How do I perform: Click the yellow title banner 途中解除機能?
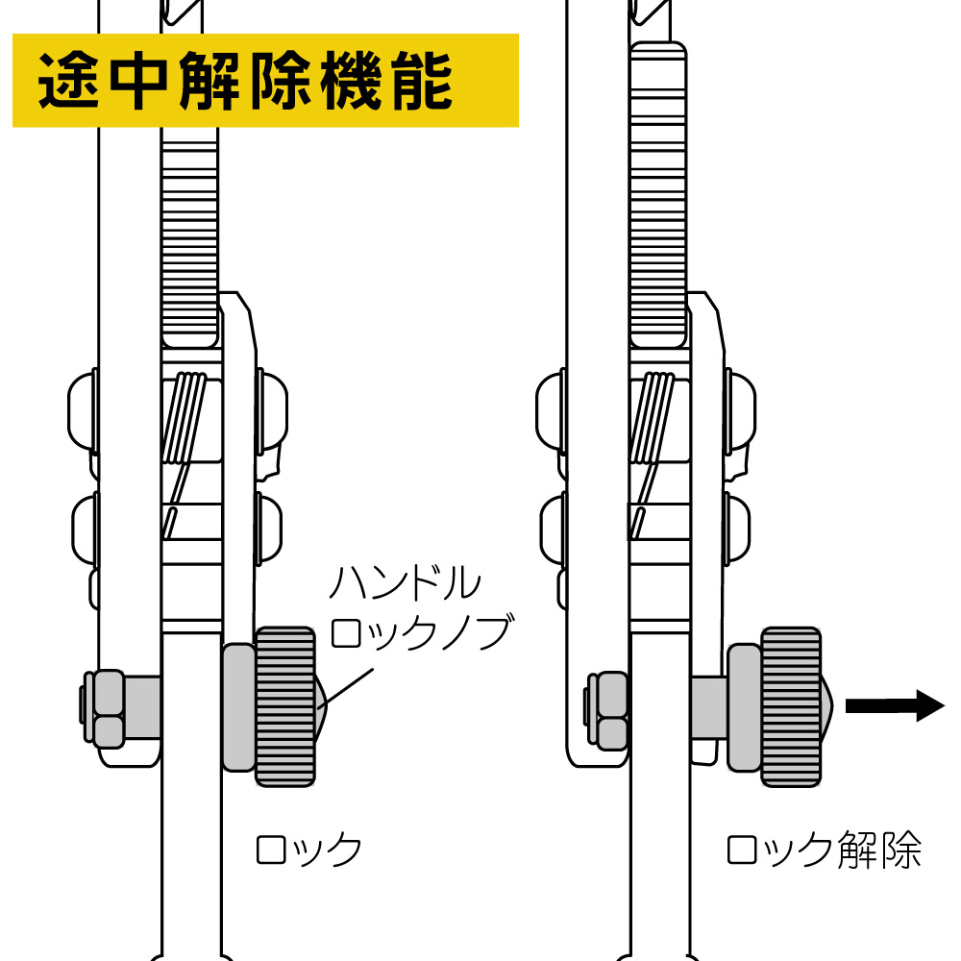265,81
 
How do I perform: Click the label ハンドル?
405,583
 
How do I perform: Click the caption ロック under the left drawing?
308,850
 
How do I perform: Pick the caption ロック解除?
825,850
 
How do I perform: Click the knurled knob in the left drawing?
286,706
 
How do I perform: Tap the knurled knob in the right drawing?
792,706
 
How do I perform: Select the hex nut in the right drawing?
608,709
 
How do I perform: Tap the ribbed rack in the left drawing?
189,240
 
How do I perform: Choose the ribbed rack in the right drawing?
659,192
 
